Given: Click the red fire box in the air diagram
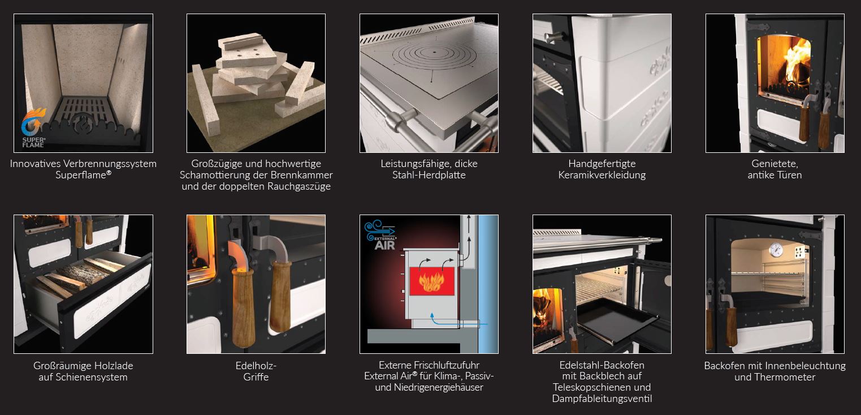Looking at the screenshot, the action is [432, 281].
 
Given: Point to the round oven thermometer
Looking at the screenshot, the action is [776, 250].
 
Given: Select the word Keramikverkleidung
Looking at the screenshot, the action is [602, 175].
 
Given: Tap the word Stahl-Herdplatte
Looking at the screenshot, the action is [429, 175].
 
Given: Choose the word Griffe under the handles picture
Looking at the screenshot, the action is [256, 377].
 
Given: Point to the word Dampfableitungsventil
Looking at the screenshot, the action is [602, 399].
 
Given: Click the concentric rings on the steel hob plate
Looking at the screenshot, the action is [435, 52].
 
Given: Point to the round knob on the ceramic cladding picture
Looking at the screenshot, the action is [553, 37].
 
